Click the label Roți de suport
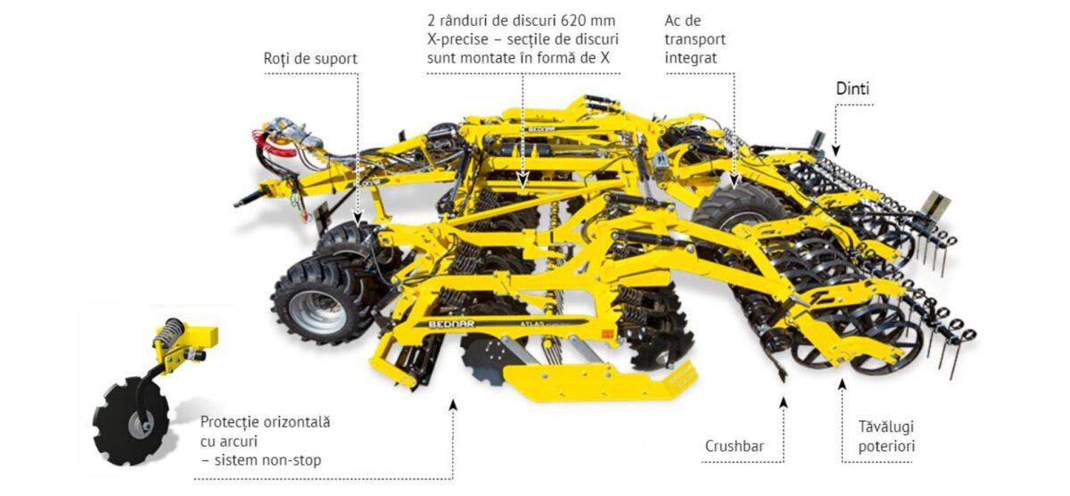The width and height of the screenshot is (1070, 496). point(310,59)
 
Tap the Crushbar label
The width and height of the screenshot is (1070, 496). point(734,446)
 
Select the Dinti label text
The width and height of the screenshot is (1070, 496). point(852,88)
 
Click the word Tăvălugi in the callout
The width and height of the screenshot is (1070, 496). point(886,426)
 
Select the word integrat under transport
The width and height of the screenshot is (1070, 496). point(691,58)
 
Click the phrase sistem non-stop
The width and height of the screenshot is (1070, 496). point(268,460)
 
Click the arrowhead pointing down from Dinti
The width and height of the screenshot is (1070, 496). point(835,151)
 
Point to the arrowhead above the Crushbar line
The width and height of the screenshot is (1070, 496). point(783,402)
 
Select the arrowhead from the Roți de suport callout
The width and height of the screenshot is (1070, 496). point(358,218)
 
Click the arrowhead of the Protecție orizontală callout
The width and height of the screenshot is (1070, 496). point(453,405)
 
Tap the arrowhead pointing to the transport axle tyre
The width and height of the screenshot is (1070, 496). point(734,179)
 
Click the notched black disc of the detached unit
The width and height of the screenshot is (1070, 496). point(130,421)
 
